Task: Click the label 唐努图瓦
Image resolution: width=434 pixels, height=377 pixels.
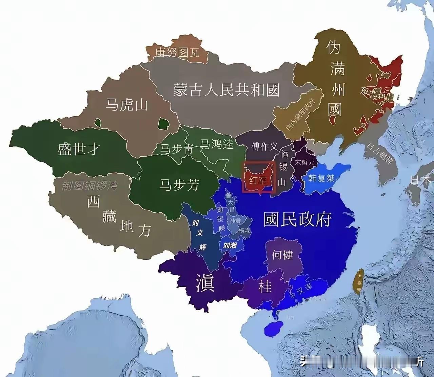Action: click(177, 52)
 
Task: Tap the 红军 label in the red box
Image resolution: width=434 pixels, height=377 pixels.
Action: click(258, 180)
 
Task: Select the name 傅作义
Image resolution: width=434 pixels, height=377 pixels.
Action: click(264, 146)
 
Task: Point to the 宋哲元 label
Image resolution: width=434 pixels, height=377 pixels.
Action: click(304, 162)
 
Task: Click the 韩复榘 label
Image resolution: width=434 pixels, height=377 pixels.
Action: click(321, 178)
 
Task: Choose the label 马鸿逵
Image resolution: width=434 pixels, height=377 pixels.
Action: click(217, 144)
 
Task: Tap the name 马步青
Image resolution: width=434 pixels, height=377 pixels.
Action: click(176, 149)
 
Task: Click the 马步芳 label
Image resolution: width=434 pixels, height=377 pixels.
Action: click(179, 185)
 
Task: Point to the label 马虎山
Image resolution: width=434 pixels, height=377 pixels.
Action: click(126, 104)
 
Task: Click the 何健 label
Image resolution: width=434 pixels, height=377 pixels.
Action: click(282, 254)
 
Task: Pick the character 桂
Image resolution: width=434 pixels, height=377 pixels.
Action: click(265, 286)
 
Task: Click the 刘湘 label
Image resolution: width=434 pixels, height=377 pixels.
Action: click(230, 245)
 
